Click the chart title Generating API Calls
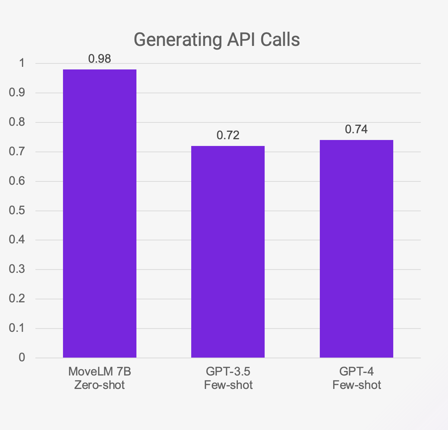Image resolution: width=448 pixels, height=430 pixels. (x=217, y=40)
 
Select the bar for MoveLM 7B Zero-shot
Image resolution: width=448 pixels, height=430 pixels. (x=100, y=214)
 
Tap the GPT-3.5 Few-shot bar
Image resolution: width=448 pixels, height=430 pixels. (x=228, y=252)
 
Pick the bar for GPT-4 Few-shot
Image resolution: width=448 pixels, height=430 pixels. (x=356, y=249)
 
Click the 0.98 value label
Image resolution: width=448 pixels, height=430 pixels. (x=100, y=59)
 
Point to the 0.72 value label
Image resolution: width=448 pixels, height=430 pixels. (x=228, y=135)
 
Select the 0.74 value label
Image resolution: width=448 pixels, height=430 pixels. (x=356, y=129)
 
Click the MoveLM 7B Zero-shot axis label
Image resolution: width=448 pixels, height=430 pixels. (x=100, y=378)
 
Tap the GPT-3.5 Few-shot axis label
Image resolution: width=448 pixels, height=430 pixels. (x=228, y=378)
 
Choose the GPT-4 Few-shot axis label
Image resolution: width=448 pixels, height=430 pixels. (x=357, y=378)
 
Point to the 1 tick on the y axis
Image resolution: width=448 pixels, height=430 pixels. (x=22, y=63)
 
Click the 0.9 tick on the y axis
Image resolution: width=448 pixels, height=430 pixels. (x=17, y=93)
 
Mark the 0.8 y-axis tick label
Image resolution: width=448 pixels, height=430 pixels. (x=17, y=122)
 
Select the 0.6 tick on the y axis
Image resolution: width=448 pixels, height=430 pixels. (x=17, y=181)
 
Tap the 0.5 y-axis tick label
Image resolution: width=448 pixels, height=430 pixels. (x=17, y=211)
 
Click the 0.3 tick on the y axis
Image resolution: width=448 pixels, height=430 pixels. (x=17, y=269)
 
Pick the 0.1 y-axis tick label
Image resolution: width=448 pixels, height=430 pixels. (x=17, y=328)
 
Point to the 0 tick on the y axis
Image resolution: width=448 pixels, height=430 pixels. (x=22, y=358)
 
